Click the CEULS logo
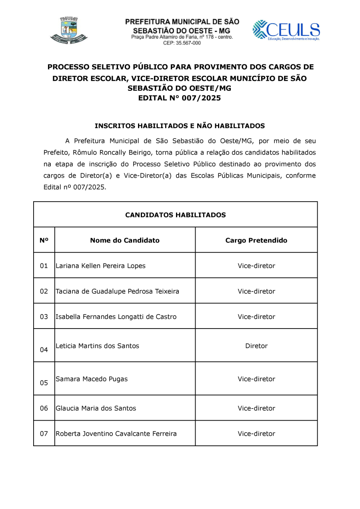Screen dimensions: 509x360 point(286,30)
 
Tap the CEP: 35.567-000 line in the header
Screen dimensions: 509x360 point(182,43)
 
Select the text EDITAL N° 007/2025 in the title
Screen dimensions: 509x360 point(179,98)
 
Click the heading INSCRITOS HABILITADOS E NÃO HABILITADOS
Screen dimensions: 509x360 point(180,126)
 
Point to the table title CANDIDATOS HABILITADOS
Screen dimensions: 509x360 point(175,215)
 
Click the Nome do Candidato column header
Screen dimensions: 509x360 point(125,240)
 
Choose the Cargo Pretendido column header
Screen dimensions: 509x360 point(256,240)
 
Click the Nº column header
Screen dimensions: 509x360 point(44,240)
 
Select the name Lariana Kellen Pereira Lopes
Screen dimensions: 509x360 point(100,266)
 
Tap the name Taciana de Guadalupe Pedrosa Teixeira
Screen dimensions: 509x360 point(117,291)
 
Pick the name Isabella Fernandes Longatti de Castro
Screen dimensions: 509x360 point(116,317)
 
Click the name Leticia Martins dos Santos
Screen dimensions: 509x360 point(97,346)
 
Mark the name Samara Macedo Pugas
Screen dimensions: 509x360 point(92,379)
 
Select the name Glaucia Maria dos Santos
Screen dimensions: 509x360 point(96,408)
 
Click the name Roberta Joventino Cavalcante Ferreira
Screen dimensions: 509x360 point(116,433)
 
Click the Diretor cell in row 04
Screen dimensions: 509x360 point(256,346)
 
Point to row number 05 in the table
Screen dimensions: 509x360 point(44,383)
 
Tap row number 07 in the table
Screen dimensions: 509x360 point(44,433)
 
